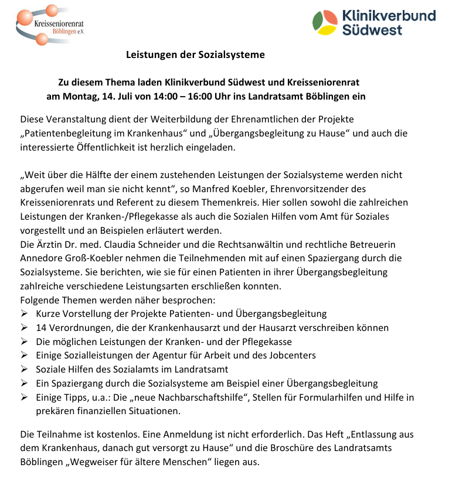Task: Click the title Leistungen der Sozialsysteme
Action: coord(195,55)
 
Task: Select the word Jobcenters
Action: coord(292,356)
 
